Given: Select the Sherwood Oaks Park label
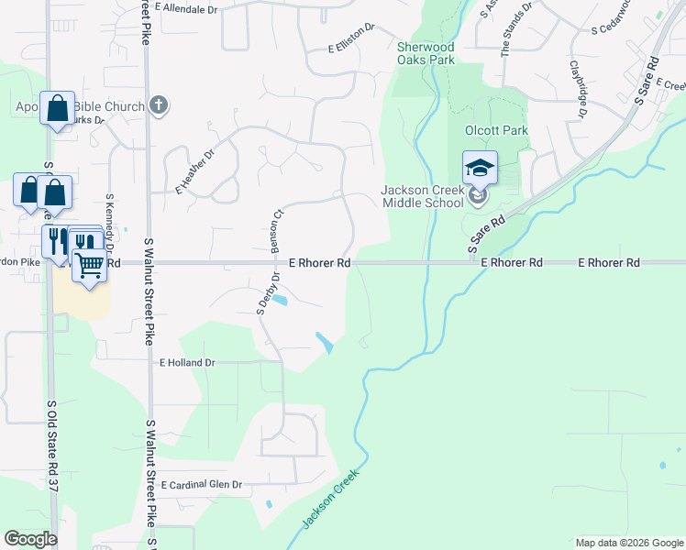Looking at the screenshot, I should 426,53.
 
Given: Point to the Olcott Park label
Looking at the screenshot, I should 496,131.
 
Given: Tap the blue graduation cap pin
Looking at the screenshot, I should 480,168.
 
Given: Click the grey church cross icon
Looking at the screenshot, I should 159,105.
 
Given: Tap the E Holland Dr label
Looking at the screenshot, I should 187,363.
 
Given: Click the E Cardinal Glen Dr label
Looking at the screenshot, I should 201,484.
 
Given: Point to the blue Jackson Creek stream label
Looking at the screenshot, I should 326,504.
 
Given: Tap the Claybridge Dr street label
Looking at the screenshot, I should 578,89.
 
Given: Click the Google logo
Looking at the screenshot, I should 30,539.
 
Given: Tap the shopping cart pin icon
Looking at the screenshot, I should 89,266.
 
